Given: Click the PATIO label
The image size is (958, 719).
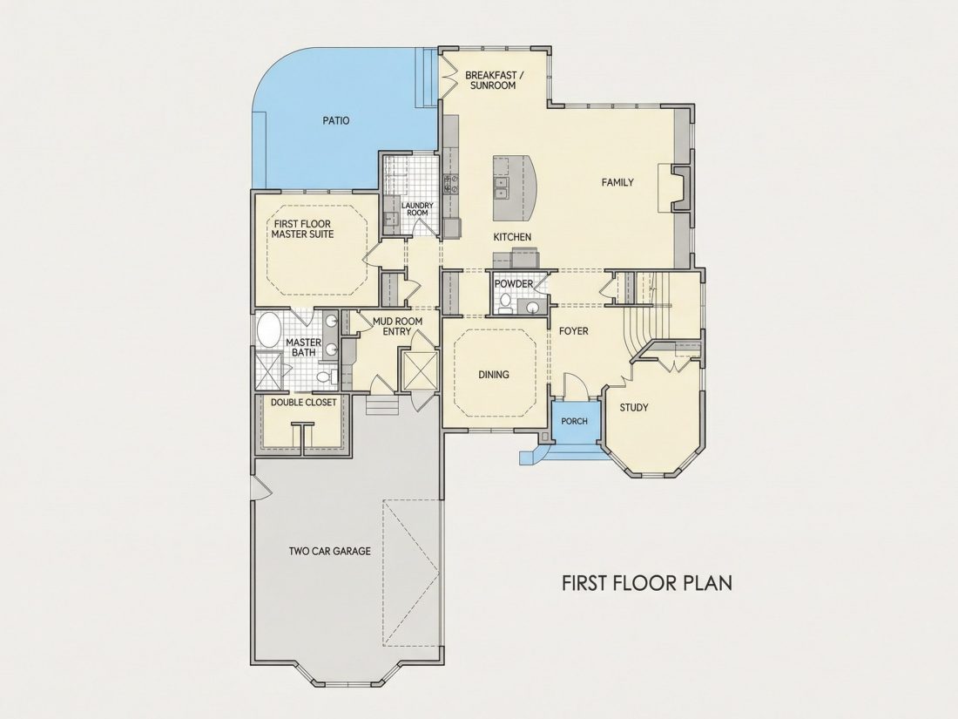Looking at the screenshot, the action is tap(336, 121).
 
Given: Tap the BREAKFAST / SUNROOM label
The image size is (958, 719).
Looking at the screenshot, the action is tap(495, 80).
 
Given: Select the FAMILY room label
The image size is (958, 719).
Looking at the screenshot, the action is tap(617, 182).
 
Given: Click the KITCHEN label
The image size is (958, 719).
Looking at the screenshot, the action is tap(512, 237).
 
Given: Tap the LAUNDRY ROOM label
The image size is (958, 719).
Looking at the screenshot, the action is tap(417, 209).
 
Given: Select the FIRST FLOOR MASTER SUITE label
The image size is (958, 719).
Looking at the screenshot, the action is tap(302, 229).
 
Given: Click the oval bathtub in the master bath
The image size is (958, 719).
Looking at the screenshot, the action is tap(267, 330).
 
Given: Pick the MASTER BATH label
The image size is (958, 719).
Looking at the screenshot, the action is tap(303, 347).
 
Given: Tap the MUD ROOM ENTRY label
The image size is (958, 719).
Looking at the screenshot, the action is tap(397, 326).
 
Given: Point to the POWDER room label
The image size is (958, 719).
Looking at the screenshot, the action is tap(513, 284).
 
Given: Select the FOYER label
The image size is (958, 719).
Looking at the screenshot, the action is tap(574, 331).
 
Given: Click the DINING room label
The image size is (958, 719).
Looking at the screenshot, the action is tap(494, 375).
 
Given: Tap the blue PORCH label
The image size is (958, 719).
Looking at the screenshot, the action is tap(574, 421).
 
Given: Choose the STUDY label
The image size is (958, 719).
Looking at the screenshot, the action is tap(633, 408).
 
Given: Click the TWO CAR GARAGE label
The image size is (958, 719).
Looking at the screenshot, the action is tap(330, 552).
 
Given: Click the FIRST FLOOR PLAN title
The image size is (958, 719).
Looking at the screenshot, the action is tap(647, 583).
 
